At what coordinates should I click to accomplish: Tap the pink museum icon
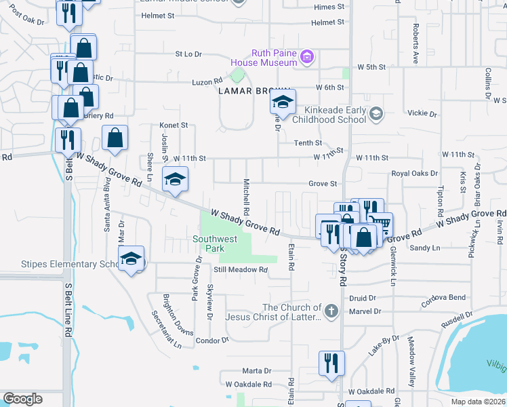(307, 56)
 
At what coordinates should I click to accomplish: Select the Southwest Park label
(215, 244)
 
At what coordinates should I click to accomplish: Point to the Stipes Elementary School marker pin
(131, 258)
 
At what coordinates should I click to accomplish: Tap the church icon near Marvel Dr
(331, 311)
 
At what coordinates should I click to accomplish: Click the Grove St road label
(323, 184)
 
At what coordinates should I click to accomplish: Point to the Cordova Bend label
(445, 298)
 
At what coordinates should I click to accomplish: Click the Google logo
(22, 399)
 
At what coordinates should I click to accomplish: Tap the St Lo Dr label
(188, 54)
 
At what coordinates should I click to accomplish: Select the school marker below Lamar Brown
(284, 103)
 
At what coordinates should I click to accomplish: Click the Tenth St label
(308, 143)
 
